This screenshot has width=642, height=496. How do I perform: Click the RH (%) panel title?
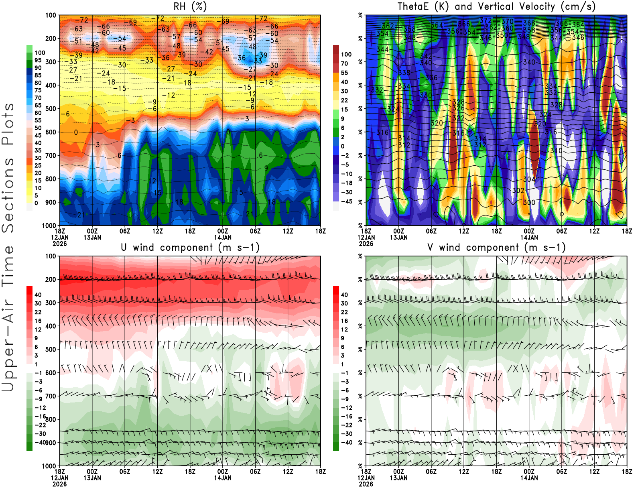[190, 7]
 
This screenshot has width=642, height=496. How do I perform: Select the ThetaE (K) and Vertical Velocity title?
[496, 7]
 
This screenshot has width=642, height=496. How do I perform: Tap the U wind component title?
[190, 248]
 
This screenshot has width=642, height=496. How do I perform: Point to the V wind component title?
[496, 248]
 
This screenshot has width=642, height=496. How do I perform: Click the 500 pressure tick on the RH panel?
[51, 109]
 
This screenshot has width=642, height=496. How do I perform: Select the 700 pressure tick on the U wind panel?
[51, 396]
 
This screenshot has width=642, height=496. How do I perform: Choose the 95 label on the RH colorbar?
[38, 60]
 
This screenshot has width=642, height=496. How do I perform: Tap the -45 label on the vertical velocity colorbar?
[346, 201]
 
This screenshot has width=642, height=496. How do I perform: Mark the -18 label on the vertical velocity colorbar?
[346, 183]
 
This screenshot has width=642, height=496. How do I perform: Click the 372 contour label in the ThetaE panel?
[486, 20]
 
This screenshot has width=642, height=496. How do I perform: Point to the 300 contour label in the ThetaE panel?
[529, 202]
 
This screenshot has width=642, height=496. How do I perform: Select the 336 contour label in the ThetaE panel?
[431, 78]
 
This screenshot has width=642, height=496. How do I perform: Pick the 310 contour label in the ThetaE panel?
[556, 150]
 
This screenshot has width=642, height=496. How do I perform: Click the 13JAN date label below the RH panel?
[92, 238]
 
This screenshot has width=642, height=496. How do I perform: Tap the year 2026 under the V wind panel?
[366, 484]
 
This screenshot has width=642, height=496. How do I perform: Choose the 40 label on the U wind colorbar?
[38, 295]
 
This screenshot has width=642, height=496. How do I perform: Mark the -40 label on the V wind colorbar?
[346, 443]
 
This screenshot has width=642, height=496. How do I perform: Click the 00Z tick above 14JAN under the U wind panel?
[223, 472]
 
